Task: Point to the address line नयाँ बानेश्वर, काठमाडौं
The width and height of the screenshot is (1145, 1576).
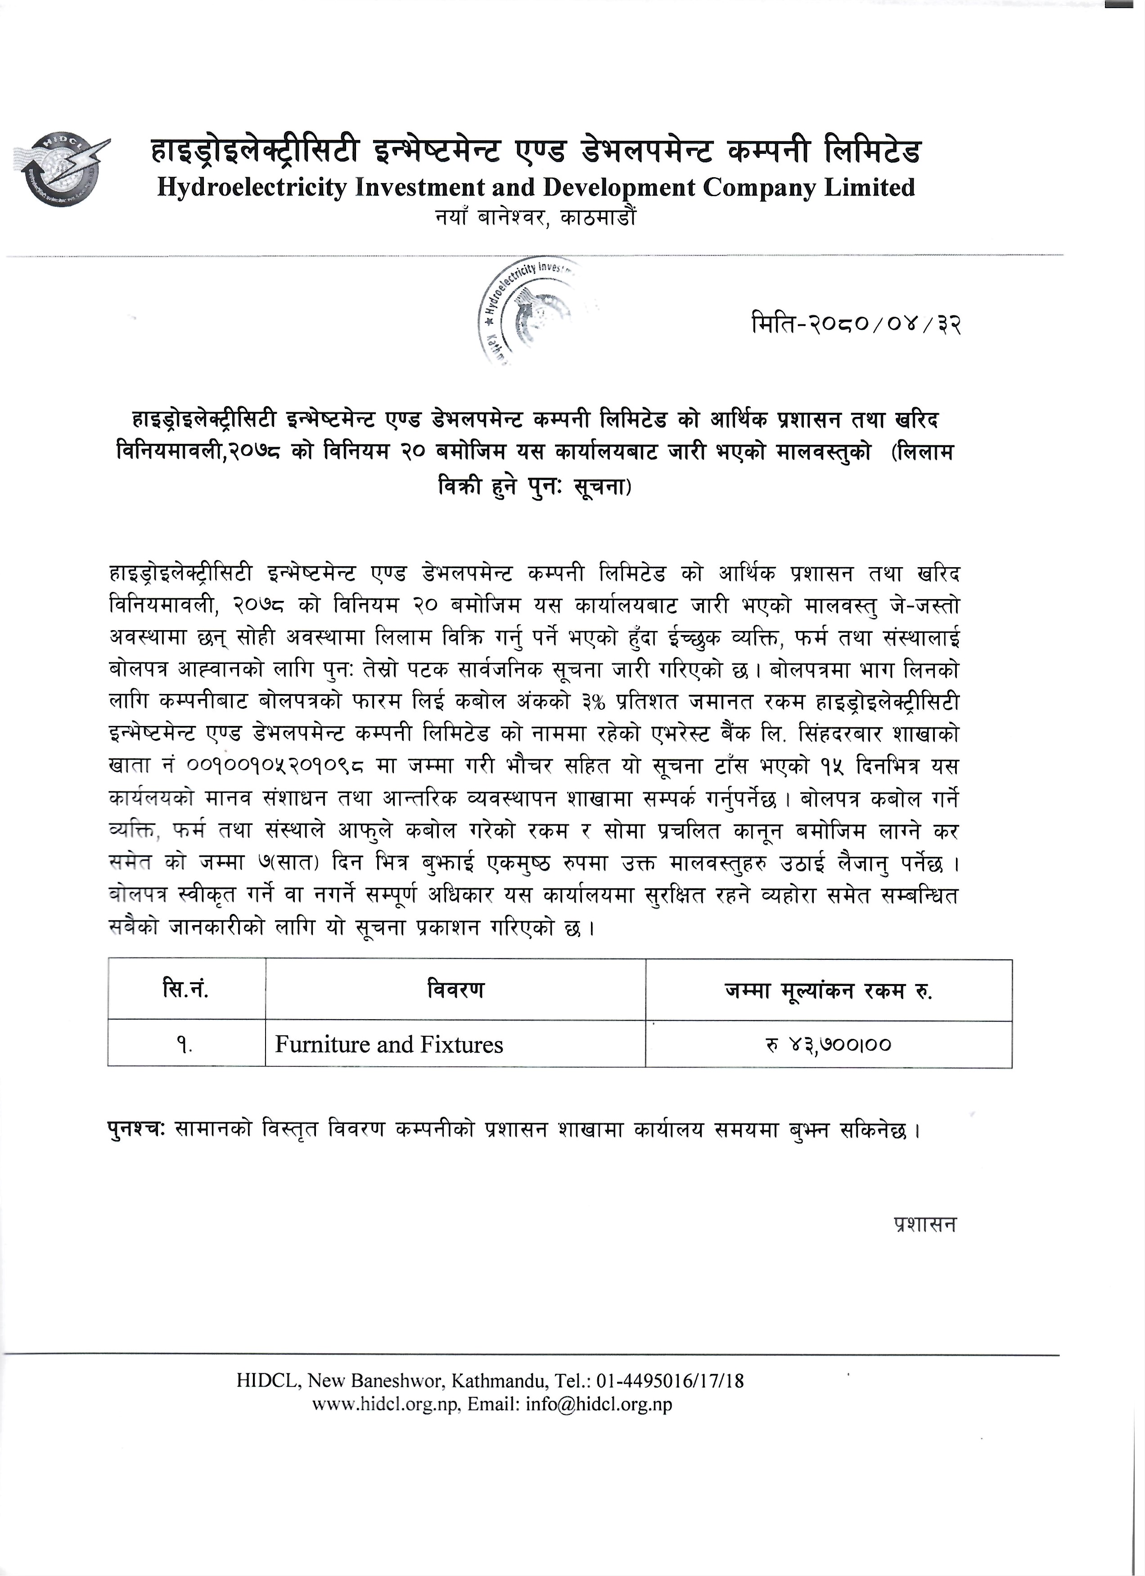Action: [x=535, y=218]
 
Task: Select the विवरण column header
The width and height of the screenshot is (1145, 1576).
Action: [x=455, y=989]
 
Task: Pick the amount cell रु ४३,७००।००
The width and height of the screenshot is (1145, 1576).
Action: [x=828, y=1044]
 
